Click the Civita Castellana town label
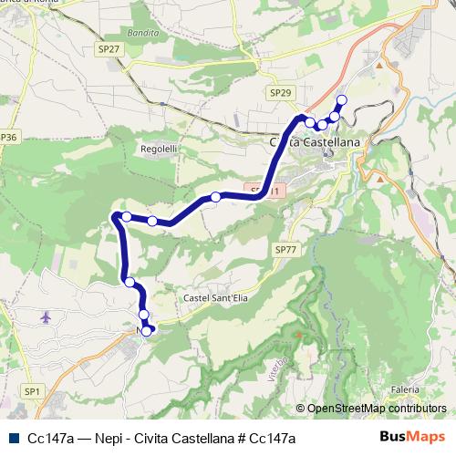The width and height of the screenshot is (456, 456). (x=316, y=143)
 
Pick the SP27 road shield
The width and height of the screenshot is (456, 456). (x=107, y=49)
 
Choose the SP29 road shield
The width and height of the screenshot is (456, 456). (x=281, y=93)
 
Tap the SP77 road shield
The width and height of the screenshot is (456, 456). (x=285, y=248)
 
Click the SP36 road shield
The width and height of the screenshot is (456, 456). (x=8, y=138)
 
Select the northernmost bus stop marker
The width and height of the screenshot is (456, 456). (x=342, y=100)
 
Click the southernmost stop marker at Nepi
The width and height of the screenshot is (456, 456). (x=146, y=331)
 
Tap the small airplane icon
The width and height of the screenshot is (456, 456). (x=47, y=316)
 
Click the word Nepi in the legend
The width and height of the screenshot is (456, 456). (x=102, y=439)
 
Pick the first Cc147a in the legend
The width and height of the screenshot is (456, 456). (x=51, y=439)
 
